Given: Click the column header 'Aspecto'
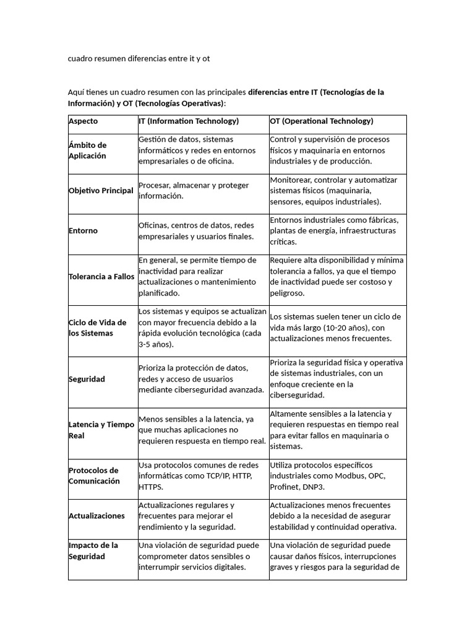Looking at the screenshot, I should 83,121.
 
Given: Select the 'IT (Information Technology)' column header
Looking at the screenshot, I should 189,121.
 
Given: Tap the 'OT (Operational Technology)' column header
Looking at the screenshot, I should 322,121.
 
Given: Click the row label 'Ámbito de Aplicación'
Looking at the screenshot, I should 88,150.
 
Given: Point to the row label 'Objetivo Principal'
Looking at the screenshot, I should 101,191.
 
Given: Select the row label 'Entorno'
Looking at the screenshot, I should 83,231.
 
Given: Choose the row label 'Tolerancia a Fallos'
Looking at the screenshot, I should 101,277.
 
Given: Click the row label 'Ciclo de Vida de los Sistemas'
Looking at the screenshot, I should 97,328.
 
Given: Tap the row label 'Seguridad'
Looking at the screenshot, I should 87,379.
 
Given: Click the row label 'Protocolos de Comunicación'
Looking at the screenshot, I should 94,475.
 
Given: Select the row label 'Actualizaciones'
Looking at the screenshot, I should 96,516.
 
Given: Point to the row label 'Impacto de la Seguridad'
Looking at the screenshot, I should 93,550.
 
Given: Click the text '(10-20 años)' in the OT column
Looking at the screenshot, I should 343,328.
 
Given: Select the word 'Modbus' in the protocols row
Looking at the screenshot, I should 350,476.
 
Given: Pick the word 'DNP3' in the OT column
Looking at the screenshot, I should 312,487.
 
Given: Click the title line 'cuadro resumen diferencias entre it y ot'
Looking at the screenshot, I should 139,59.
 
